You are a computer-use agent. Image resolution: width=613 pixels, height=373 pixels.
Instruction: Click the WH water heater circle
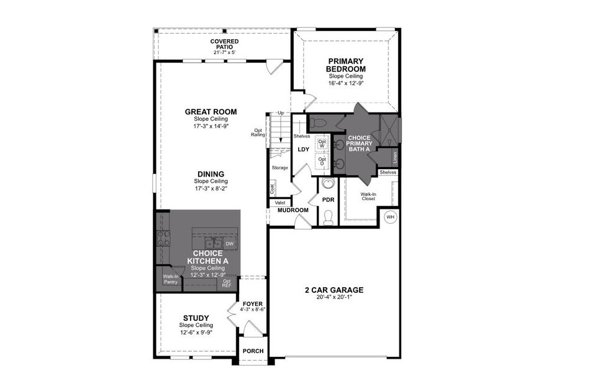390,217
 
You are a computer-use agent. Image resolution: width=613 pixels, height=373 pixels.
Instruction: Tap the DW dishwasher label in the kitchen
229,244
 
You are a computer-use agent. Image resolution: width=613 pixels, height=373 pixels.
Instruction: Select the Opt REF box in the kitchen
227,284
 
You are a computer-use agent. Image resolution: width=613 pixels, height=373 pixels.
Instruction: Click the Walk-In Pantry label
170,279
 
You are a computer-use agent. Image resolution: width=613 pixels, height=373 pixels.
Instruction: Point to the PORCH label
253,351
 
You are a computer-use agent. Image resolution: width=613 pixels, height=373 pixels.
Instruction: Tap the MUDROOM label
293,210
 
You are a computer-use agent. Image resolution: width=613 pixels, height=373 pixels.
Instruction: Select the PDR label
329,200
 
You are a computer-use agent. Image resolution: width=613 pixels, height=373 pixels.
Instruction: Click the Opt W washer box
322,142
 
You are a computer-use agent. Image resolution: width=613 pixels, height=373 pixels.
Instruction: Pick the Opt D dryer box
322,160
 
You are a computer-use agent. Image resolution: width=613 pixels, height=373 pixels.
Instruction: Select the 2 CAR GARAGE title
334,290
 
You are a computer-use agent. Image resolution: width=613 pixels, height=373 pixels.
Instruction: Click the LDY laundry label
303,149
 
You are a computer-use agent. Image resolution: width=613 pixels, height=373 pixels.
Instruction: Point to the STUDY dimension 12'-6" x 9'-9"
196,332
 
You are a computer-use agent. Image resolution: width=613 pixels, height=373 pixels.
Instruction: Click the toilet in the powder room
329,217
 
